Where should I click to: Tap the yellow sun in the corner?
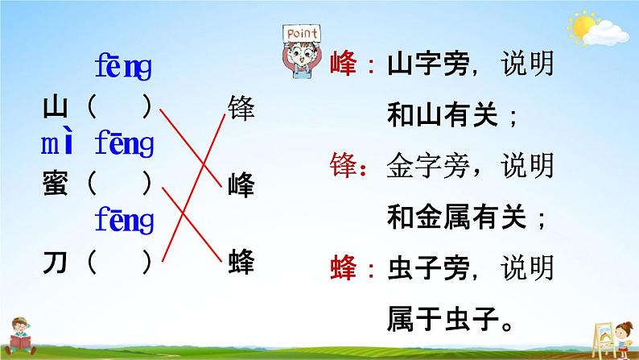[x=582, y=26]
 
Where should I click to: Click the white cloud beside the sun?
[x=606, y=34]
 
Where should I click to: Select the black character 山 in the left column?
[x=55, y=107]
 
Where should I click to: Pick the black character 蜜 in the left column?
[x=55, y=183]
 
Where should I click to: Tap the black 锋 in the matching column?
[x=241, y=108]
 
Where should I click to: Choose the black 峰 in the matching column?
[x=241, y=184]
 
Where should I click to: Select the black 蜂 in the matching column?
[x=241, y=261]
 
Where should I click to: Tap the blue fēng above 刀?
[x=124, y=220]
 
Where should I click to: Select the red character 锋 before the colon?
[x=343, y=165]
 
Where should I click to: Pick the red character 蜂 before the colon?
[x=343, y=267]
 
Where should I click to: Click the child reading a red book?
[x=20, y=337]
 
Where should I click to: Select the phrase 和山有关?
[x=443, y=114]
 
